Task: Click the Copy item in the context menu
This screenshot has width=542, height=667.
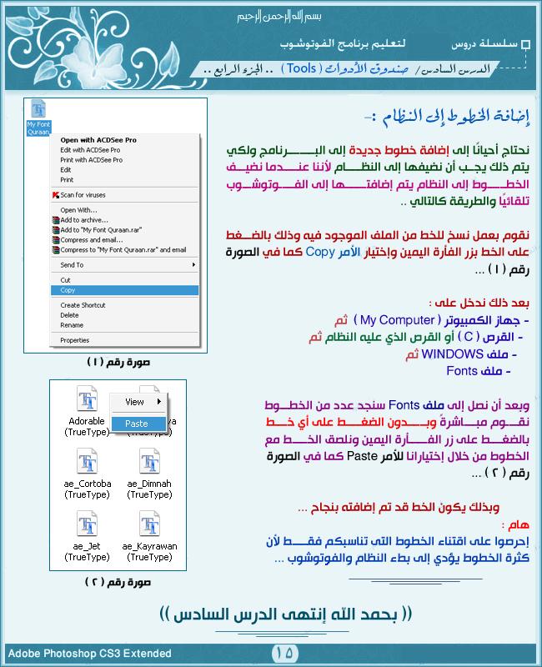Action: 68,290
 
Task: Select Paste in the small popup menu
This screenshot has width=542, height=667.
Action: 136,424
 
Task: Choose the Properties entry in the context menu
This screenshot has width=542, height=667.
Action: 75,340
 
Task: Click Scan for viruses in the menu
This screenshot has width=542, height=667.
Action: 83,194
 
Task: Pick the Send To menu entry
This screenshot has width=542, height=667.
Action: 73,264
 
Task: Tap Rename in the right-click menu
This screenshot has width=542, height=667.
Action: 72,325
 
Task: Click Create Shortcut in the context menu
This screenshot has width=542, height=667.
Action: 83,305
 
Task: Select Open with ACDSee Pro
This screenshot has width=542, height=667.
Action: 98,140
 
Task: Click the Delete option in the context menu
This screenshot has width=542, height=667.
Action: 69,315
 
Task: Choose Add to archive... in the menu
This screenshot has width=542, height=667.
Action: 84,220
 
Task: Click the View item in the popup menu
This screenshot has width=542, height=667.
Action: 134,402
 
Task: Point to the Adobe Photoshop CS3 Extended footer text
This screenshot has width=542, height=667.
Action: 89,654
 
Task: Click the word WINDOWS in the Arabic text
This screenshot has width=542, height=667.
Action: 445,354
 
